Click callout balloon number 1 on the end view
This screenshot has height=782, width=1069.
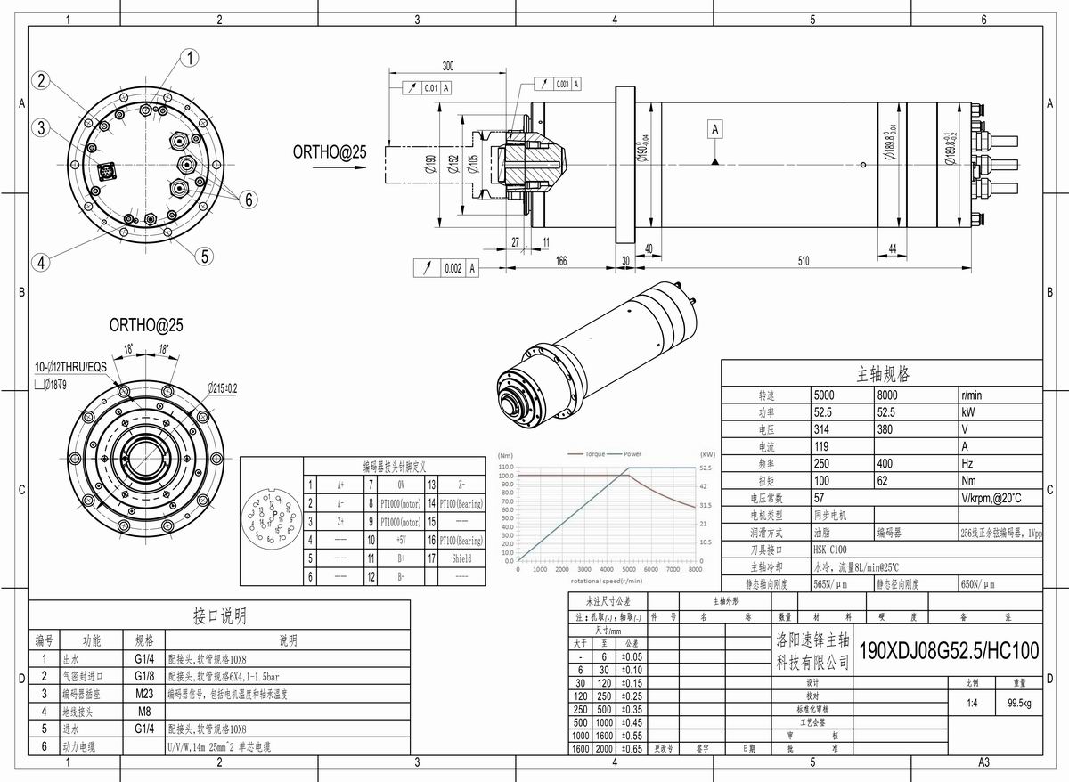tap(190, 59)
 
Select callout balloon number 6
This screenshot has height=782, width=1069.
tap(247, 200)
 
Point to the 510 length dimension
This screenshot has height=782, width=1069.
tap(803, 261)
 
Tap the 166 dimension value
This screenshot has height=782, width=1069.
tap(561, 261)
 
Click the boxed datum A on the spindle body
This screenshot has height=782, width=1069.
tap(714, 130)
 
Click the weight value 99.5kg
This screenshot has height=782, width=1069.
tap(1013, 703)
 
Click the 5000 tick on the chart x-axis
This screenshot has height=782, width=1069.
tap(628, 570)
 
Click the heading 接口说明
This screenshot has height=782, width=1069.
tap(219, 615)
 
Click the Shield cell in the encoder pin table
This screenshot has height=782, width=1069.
tap(461, 558)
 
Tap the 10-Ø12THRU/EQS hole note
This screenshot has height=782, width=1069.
tap(70, 367)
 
